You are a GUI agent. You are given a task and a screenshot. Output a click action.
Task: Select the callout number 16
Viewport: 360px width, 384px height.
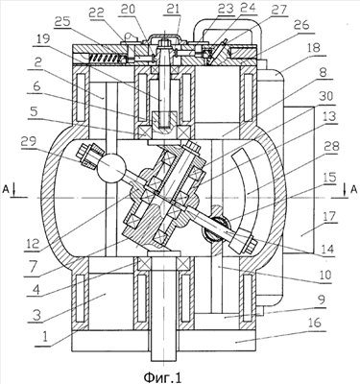(312, 323)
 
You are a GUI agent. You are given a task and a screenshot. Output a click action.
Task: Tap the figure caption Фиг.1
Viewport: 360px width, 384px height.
(162, 376)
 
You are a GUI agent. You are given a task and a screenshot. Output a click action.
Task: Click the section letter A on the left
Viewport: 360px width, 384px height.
(6, 190)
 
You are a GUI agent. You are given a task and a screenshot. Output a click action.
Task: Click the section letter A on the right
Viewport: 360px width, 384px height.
(353, 190)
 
